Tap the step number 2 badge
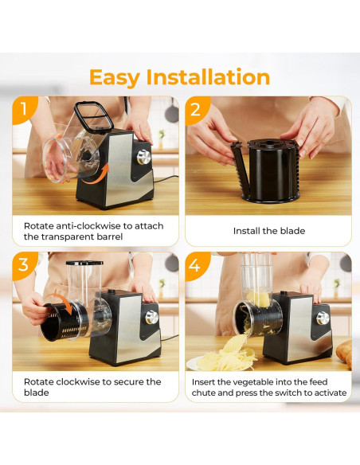pos(195,108)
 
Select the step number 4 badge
pos(195,264)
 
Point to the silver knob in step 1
pos(144,157)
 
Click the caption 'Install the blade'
pos(268,231)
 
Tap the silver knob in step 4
pos(323,318)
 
